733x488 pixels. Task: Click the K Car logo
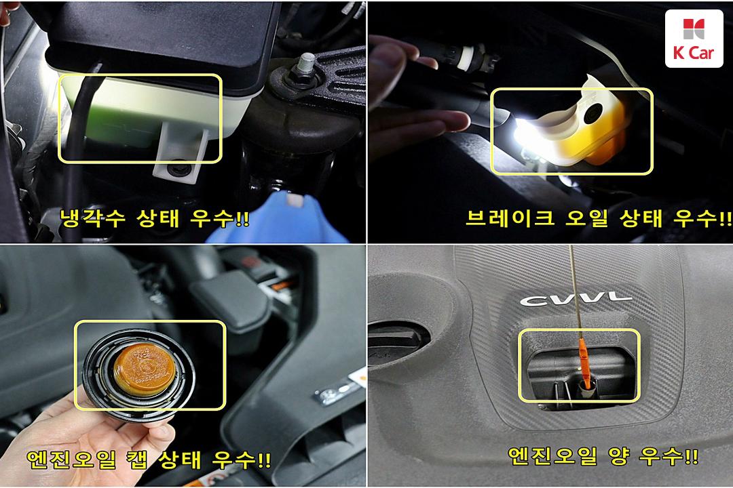pos(694,39)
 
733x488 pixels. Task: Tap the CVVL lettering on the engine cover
pos(576,299)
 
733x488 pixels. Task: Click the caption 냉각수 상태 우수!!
pos(155,218)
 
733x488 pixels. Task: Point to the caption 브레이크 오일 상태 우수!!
pos(599,218)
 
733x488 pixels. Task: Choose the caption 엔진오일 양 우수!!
pos(603,455)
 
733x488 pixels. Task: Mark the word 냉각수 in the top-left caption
pos(92,218)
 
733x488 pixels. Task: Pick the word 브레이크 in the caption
pos(510,218)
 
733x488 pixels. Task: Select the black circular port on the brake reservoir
pos(593,113)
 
